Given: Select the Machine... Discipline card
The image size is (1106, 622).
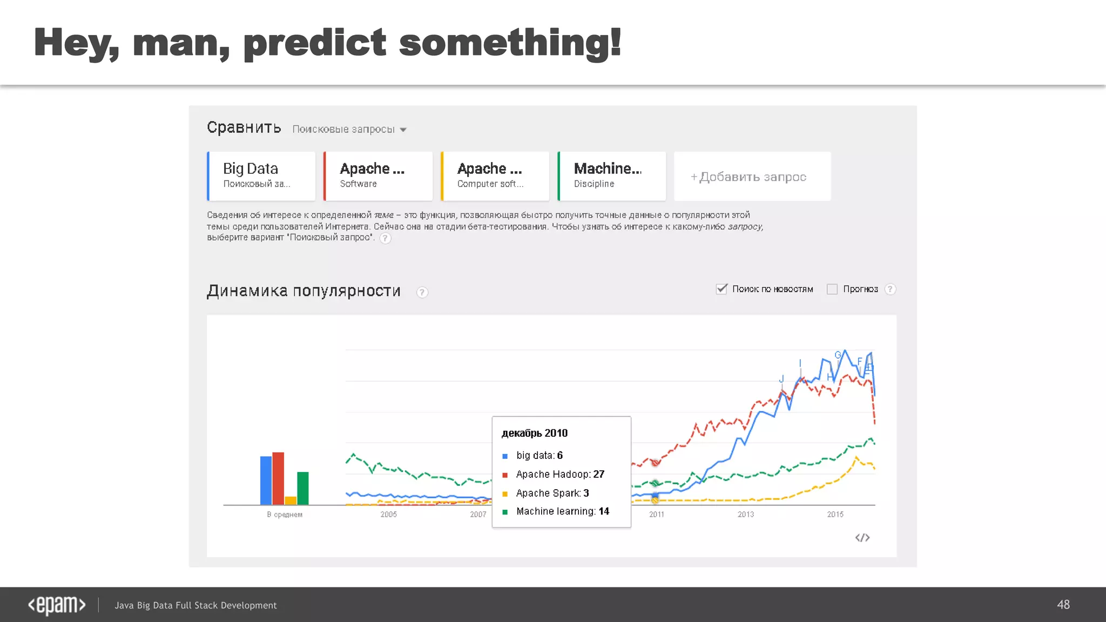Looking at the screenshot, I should (x=612, y=176).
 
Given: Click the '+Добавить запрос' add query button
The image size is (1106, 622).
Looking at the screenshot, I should (x=752, y=177).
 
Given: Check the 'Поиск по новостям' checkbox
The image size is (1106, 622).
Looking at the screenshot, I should (x=721, y=289).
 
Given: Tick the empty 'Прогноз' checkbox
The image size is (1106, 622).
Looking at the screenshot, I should (x=832, y=289).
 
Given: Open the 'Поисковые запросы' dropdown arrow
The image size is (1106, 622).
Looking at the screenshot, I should (x=403, y=130).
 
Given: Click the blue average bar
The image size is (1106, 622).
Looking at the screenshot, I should (x=266, y=480).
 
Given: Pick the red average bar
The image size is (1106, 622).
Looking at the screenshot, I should (x=278, y=478).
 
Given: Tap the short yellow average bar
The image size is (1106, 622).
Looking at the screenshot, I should (x=291, y=501).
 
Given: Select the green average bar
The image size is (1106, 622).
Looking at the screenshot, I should (x=303, y=488).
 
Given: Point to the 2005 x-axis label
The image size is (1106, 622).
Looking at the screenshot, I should (x=388, y=515).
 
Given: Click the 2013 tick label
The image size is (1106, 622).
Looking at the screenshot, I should (x=746, y=515).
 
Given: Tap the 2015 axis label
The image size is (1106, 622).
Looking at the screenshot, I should (x=835, y=515).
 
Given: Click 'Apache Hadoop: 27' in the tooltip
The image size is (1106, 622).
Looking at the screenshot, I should (x=560, y=474).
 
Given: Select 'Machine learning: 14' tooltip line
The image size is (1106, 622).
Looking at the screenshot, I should (x=562, y=511).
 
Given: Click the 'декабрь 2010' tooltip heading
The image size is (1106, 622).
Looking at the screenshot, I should (x=535, y=433).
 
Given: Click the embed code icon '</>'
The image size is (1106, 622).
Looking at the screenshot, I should (x=862, y=538).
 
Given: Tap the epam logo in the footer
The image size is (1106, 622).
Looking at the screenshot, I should (x=57, y=605).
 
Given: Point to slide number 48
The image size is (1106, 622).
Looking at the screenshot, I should (x=1063, y=605).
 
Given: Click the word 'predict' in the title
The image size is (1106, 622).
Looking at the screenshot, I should (x=315, y=43).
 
